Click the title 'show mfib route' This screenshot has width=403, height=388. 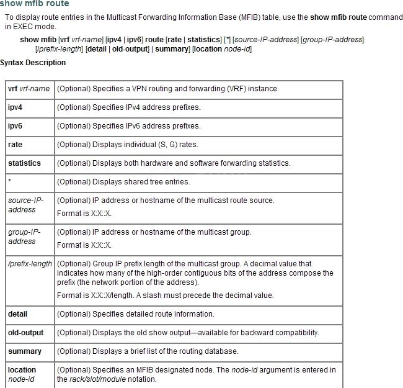pyautogui.click(x=35, y=4)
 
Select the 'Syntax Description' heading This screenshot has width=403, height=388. pyautogui.click(x=33, y=63)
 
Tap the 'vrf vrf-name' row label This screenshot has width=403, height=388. pyautogui.click(x=29, y=89)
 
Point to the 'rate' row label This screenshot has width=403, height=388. pyautogui.click(x=15, y=145)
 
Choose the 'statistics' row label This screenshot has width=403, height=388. pyautogui.click(x=24, y=163)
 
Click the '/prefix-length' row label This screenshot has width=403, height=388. pyautogui.click(x=30, y=264)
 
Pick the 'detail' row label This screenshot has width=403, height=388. pyautogui.click(x=17, y=314)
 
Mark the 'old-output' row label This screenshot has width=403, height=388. pyautogui.click(x=25, y=333)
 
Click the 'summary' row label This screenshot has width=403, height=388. pyautogui.click(x=25, y=351)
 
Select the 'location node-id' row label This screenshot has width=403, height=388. pyautogui.click(x=22, y=374)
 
